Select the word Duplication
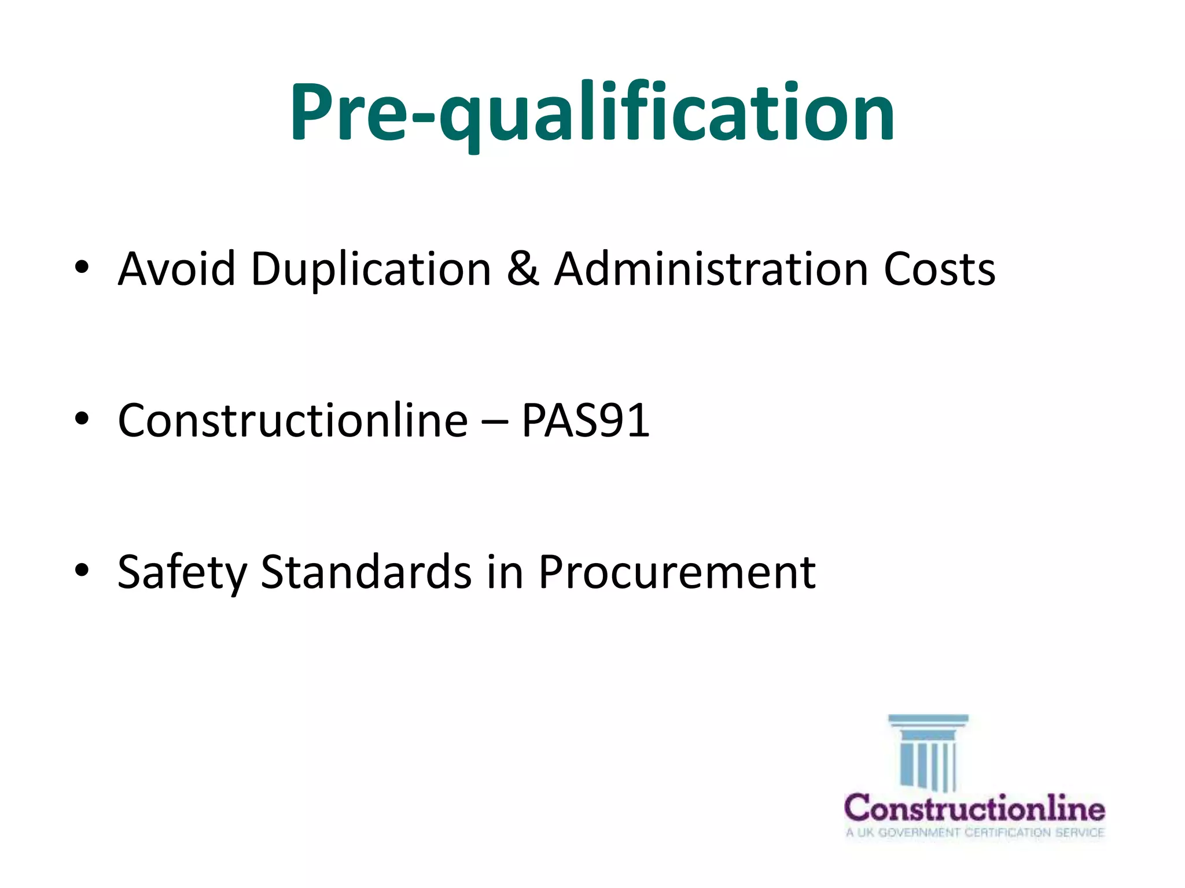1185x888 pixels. tap(371, 270)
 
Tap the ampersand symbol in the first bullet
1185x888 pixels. tap(522, 269)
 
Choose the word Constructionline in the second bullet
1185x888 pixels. tap(292, 420)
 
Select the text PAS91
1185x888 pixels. tap(586, 420)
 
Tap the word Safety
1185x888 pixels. tap(182, 572)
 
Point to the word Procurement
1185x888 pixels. tap(677, 572)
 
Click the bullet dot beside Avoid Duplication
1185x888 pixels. tap(82, 267)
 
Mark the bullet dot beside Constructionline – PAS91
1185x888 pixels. tap(82, 419)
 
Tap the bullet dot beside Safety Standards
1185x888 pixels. tap(82, 570)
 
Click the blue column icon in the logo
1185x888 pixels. tap(928, 752)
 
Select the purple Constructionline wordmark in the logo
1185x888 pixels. tap(974, 808)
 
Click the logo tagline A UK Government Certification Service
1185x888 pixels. tap(975, 832)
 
